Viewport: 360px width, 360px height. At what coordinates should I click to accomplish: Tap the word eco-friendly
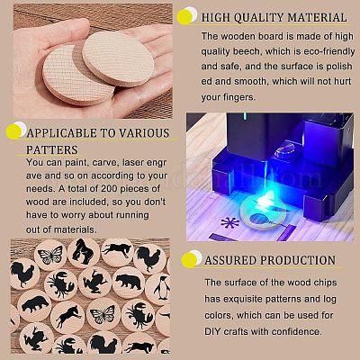329,51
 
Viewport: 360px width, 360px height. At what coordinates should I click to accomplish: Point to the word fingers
238,97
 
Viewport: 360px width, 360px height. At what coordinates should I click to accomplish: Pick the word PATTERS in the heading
51,149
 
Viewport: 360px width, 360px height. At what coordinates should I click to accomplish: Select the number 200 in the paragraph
111,189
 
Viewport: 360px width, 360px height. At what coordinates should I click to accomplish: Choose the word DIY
212,331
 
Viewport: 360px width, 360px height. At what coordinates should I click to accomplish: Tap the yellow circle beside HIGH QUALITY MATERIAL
184,17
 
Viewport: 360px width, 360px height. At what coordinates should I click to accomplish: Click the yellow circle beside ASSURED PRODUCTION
189,259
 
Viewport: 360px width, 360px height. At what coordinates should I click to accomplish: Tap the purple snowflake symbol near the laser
229,222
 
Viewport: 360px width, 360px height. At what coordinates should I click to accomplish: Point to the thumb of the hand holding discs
56,33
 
